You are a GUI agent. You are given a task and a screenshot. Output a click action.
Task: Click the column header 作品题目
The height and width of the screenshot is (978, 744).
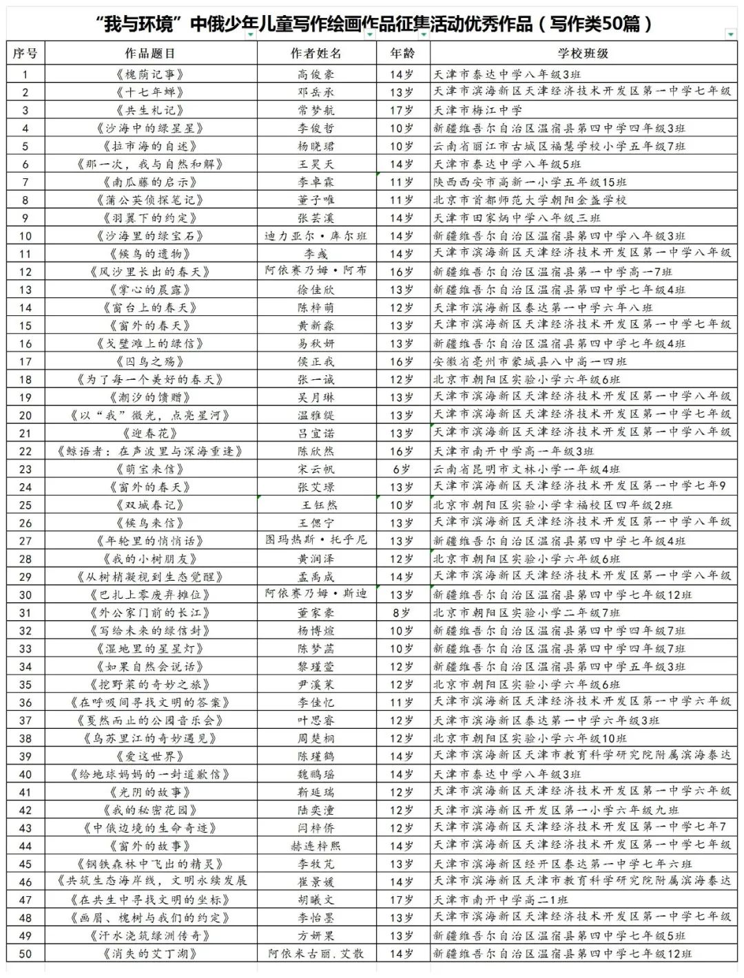pos(149,54)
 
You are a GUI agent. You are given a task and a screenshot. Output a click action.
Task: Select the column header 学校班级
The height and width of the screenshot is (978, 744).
pos(583,54)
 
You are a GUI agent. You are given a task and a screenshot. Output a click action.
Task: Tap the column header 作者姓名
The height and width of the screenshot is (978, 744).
pos(316,54)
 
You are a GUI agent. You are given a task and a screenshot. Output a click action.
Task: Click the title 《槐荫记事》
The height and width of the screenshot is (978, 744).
pos(149,74)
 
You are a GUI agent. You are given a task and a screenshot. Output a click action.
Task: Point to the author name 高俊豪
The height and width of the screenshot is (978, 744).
pos(316,74)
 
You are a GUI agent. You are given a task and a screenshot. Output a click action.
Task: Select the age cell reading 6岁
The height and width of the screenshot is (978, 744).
pos(402,469)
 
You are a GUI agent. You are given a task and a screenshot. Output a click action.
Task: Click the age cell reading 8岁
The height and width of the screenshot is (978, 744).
pos(402,613)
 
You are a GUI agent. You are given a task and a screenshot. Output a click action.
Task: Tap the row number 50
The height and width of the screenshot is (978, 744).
pos(25,954)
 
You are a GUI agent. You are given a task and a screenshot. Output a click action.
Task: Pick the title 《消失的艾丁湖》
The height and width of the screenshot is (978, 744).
pos(149,954)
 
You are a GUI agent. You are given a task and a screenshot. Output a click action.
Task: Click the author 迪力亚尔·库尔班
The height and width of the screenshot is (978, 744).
pos(316,236)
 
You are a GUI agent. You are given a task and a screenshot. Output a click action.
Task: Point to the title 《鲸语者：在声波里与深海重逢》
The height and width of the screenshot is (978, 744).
pos(149,451)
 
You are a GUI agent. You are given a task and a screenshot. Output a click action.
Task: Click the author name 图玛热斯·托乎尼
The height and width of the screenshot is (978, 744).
pos(316,541)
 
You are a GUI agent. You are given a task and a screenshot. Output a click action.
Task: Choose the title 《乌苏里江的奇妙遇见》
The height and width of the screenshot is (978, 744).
pos(149,738)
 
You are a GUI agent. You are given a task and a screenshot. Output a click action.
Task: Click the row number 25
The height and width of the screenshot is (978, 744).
pos(25,505)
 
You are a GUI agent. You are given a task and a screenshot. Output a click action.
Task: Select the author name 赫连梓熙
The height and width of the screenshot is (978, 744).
pos(316,846)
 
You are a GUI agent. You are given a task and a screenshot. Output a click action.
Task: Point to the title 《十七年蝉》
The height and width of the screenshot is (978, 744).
pos(149,92)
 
